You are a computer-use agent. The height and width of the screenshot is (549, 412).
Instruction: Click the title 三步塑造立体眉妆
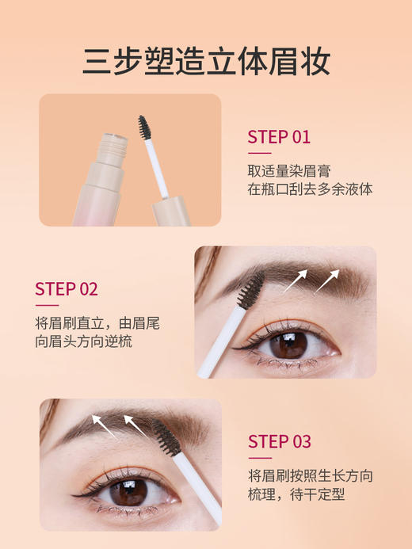click(206, 61)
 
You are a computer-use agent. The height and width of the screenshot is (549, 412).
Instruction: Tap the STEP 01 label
click(279, 136)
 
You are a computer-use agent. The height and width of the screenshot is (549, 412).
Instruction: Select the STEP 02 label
click(67, 288)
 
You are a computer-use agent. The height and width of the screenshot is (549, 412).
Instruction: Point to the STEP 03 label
click(280, 441)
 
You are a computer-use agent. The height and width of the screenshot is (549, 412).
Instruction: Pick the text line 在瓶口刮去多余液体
click(310, 189)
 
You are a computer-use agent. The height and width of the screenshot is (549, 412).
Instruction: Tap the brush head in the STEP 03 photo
click(164, 437)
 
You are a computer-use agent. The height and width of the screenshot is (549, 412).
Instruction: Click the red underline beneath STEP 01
click(259, 153)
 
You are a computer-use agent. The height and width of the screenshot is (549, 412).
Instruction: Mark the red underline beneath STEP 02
click(47, 305)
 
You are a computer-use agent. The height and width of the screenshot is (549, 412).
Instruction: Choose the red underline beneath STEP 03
click(260, 458)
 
